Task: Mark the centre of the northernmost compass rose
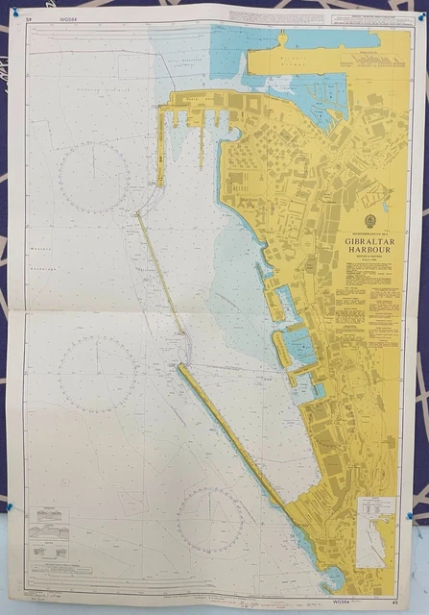coord(93,177)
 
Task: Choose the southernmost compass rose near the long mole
coord(209,520)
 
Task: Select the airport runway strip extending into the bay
coord(302,60)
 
